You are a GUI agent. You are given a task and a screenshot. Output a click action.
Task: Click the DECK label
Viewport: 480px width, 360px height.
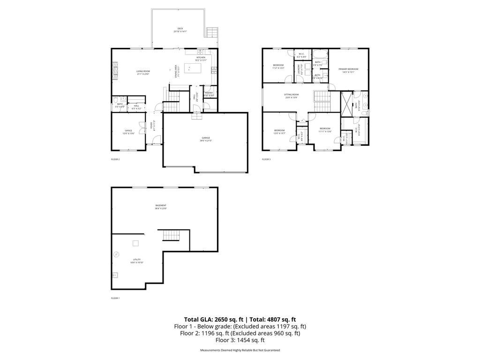coord(180,29)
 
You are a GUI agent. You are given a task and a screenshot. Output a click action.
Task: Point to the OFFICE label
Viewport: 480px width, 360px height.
coord(128,131)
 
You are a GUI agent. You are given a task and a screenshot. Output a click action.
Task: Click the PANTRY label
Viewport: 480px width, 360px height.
coord(209,93)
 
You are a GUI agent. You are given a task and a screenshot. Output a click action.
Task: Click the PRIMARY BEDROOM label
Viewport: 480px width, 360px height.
coord(348,69)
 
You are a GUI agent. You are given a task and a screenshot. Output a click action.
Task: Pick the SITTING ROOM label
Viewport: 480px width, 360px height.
coord(291,95)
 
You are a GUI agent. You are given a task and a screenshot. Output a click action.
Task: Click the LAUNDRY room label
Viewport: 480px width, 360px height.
coord(298,70)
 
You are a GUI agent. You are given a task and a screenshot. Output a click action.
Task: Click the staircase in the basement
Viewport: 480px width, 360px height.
coord(170,235)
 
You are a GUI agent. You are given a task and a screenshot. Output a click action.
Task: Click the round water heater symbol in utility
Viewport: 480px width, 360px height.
coord(116,255)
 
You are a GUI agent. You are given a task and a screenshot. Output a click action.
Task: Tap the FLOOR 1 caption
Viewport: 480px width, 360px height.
coord(115,298)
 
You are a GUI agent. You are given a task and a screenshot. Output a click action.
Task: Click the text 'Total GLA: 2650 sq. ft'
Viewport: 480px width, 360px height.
coord(214,319)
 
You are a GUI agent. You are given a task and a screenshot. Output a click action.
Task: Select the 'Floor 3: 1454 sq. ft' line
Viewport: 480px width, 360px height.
coord(240,340)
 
